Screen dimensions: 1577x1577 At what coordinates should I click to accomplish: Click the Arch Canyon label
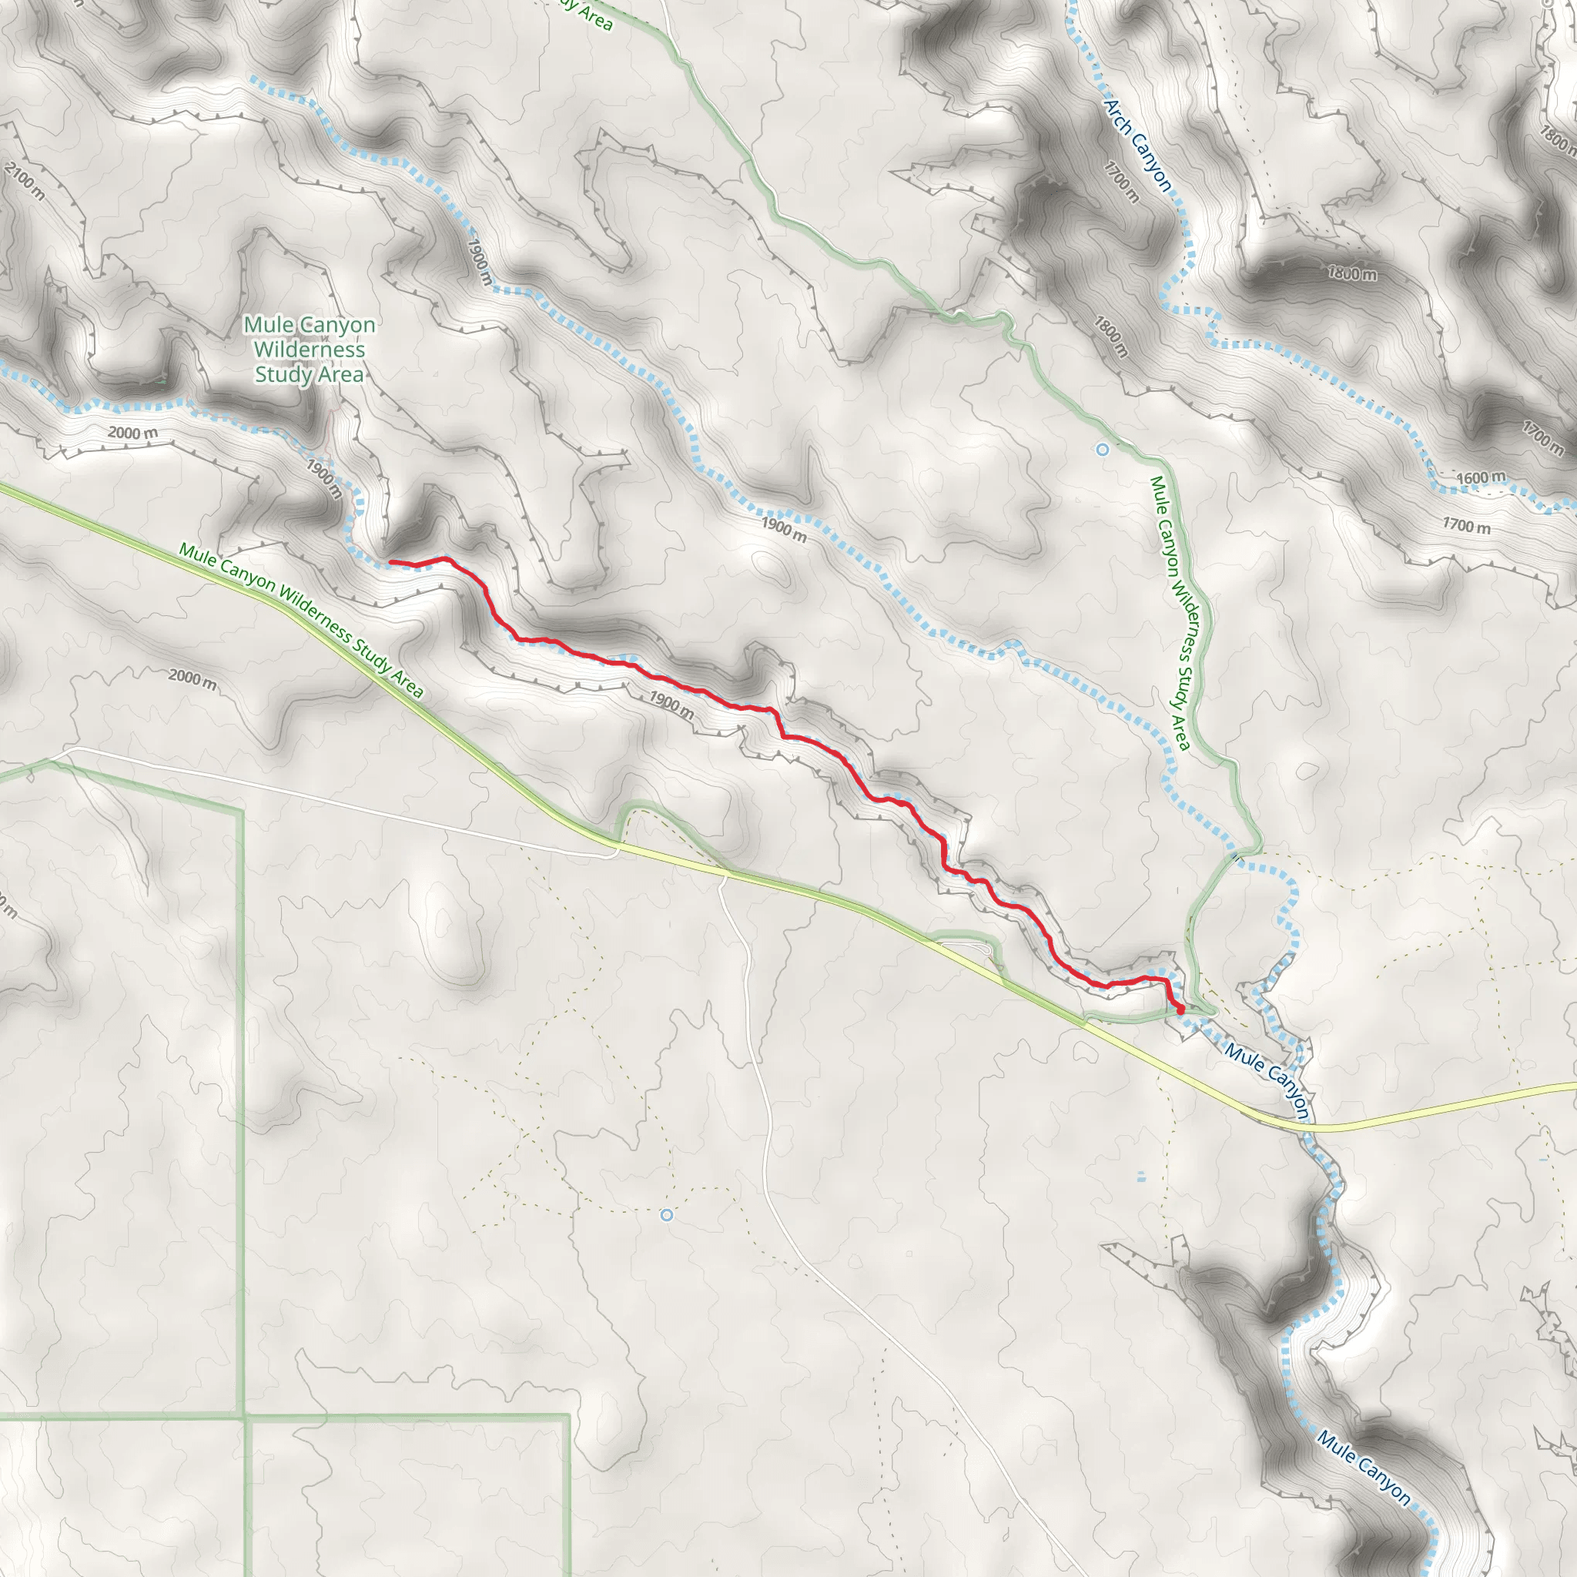pyautogui.click(x=1138, y=146)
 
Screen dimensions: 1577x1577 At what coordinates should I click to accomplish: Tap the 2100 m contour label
pyautogui.click(x=25, y=181)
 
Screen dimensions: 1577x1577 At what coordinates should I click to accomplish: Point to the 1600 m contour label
pyautogui.click(x=1481, y=477)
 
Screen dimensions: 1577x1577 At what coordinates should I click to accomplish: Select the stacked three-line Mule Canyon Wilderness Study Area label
pyautogui.click(x=310, y=350)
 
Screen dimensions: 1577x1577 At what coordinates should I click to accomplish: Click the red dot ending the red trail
pyautogui.click(x=1180, y=1009)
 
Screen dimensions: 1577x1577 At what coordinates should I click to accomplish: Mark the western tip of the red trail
pyautogui.click(x=391, y=561)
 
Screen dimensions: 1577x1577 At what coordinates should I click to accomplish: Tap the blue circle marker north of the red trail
pyautogui.click(x=1103, y=449)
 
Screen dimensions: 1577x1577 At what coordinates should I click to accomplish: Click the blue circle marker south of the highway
pyautogui.click(x=666, y=1214)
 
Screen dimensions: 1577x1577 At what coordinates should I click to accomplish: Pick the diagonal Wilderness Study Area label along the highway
pyautogui.click(x=301, y=621)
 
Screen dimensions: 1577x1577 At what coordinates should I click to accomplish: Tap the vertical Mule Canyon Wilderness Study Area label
pyautogui.click(x=1170, y=612)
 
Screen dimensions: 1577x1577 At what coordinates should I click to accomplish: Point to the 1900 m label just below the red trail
pyautogui.click(x=671, y=706)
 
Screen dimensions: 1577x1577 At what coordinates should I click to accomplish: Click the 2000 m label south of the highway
pyautogui.click(x=193, y=678)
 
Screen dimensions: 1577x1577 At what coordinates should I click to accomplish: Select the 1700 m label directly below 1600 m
pyautogui.click(x=1466, y=526)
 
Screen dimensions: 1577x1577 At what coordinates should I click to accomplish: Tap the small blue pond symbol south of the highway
pyautogui.click(x=1140, y=1177)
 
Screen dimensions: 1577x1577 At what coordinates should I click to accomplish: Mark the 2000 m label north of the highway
pyautogui.click(x=133, y=433)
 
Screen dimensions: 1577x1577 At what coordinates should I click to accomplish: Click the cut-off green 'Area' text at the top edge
pyautogui.click(x=589, y=12)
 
